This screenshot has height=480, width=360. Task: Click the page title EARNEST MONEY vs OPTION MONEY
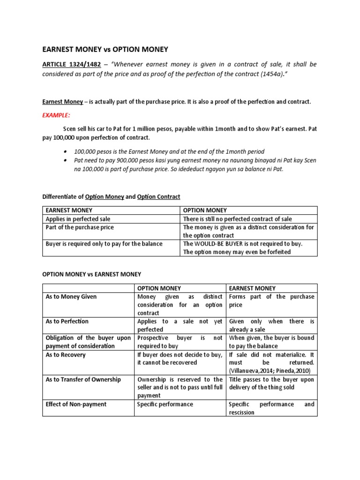pyautogui.click(x=105, y=49)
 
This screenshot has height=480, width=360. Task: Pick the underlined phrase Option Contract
pyautogui.click(x=158, y=197)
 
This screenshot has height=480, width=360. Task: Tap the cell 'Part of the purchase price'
pyautogui.click(x=80, y=227)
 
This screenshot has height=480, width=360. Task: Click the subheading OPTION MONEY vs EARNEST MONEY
pyautogui.click(x=91, y=274)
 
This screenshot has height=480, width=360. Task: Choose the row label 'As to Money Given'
pyautogui.click(x=71, y=297)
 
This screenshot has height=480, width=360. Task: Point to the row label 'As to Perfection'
pyautogui.click(x=67, y=322)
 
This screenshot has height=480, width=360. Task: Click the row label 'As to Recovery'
pyautogui.click(x=65, y=355)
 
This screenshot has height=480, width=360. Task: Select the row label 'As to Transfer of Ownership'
pyautogui.click(x=83, y=379)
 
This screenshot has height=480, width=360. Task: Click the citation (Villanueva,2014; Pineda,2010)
pyautogui.click(x=271, y=371)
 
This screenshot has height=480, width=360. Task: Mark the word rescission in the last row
pyautogui.click(x=241, y=412)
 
